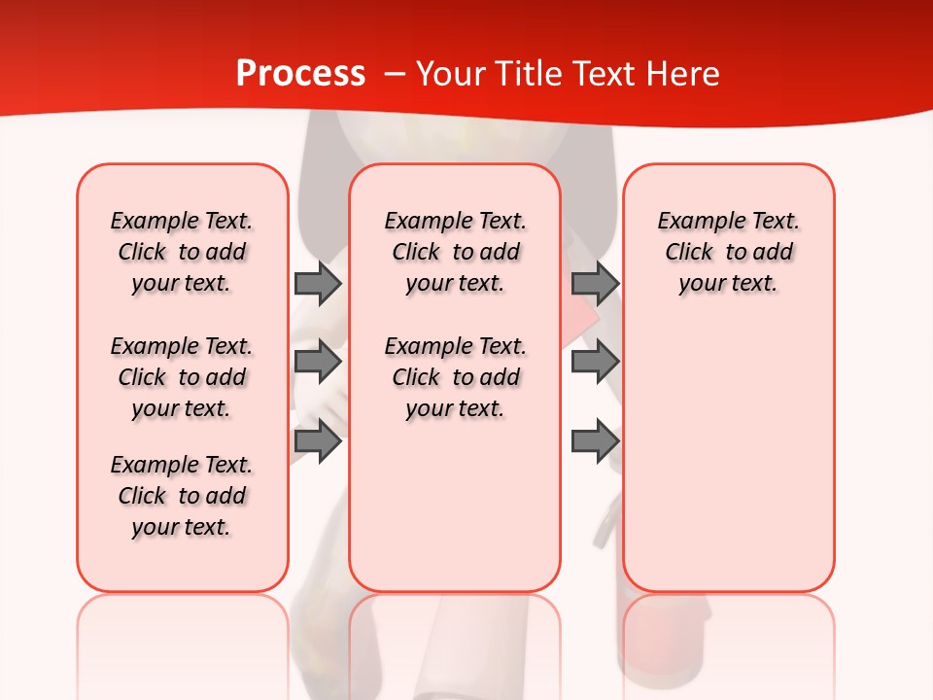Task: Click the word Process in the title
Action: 300,74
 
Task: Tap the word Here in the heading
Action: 684,74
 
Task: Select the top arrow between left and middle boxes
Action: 318,283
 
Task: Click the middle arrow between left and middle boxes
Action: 318,362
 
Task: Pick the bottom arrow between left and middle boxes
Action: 318,441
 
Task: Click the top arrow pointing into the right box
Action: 595,283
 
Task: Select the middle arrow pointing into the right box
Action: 595,362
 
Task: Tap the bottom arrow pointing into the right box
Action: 595,441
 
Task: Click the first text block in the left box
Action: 182,252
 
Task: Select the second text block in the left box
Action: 182,377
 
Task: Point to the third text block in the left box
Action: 182,496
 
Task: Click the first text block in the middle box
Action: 455,252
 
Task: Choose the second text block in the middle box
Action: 455,377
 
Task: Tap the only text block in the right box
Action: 728,252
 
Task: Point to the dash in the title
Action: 395,74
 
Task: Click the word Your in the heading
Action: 451,74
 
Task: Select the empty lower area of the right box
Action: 728,457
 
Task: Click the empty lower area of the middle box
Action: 455,506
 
